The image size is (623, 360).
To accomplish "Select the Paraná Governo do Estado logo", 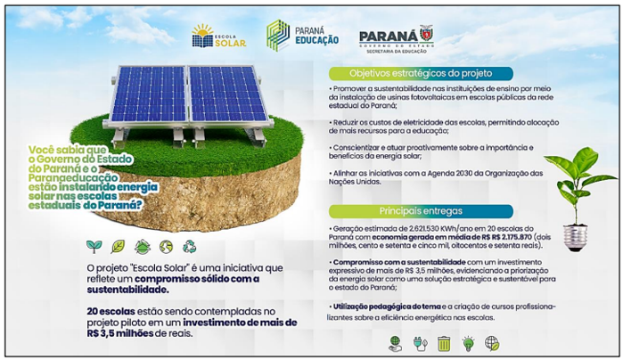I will click(x=396, y=37).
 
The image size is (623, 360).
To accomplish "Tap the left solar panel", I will click(x=147, y=94).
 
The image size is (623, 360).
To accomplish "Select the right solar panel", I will click(x=228, y=94).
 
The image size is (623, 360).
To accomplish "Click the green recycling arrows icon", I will click(x=190, y=246).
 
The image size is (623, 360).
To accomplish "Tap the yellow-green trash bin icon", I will click(x=444, y=342).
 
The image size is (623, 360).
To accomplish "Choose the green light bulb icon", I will click(x=468, y=342).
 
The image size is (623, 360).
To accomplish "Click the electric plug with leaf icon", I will click(x=420, y=342).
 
